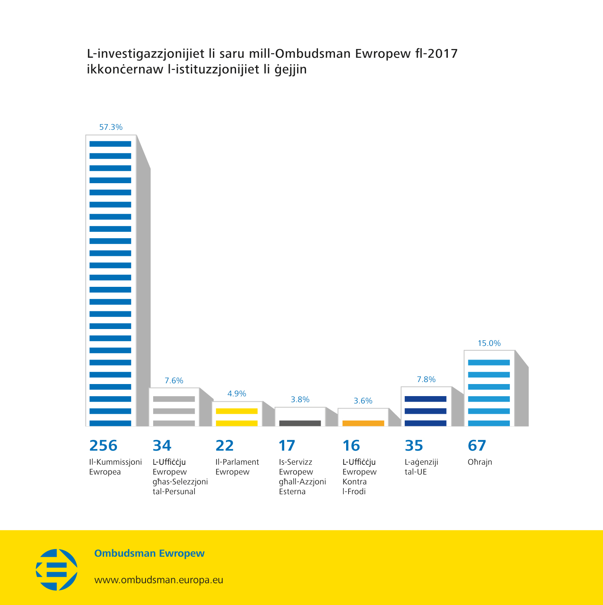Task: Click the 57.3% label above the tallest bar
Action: pos(111,127)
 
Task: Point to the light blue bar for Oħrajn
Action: pos(489,388)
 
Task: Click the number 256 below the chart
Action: pos(103,446)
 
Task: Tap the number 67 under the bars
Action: pos(477,446)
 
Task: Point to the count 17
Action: pos(287,446)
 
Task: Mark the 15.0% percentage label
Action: pos(489,343)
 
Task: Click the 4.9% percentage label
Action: pos(237,394)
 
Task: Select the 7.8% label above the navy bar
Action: pos(426,380)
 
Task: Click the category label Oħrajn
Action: pos(480,462)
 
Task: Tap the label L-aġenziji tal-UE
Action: pos(421,467)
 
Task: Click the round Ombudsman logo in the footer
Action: pos(57,570)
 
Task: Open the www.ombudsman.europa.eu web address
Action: pos(158,580)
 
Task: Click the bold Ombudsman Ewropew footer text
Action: pos(149,553)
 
